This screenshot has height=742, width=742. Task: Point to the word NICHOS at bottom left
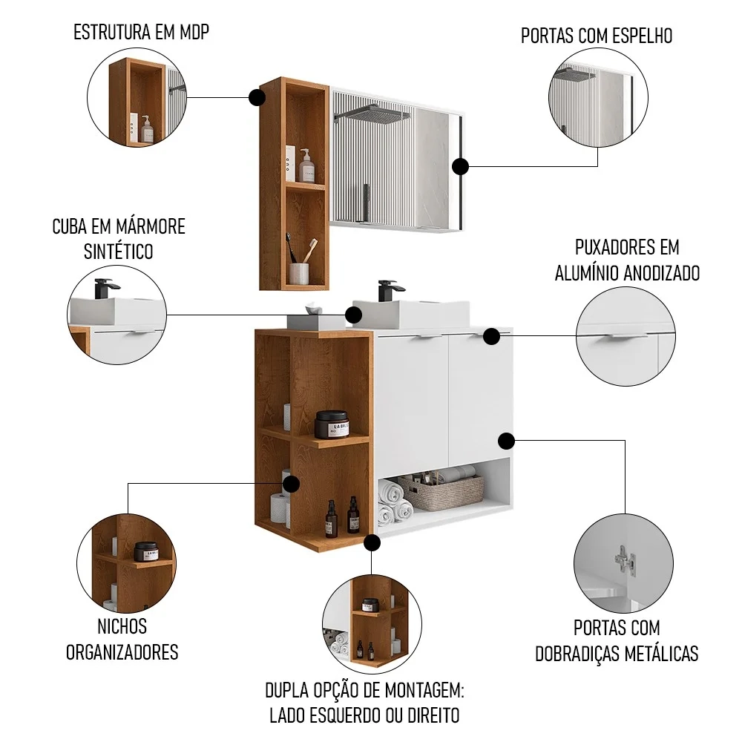tap(122, 626)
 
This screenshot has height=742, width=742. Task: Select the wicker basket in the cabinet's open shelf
tap(440, 491)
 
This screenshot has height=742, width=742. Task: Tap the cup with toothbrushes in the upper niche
tap(300, 267)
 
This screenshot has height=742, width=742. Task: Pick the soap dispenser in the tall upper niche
tap(305, 165)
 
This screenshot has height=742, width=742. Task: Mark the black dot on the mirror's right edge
tap(462, 166)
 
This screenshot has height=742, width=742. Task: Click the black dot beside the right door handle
tap(491, 336)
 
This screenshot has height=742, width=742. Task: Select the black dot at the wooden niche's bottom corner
tap(372, 543)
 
